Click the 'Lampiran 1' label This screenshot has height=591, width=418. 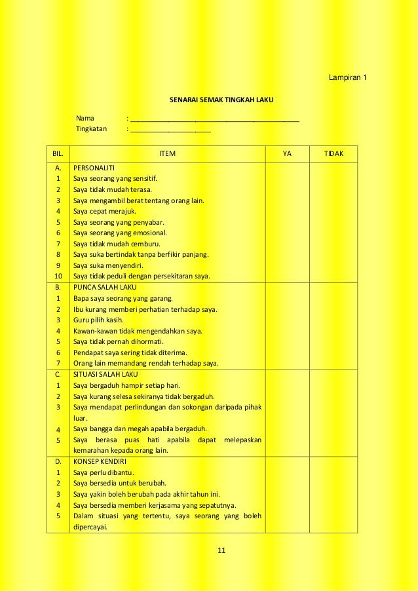click(348, 79)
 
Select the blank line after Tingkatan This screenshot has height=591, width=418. click(170, 130)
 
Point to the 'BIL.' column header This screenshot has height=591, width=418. click(58, 154)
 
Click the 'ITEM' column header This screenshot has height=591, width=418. click(168, 154)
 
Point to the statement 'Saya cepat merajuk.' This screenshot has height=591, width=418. click(105, 211)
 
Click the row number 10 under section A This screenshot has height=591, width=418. click(58, 276)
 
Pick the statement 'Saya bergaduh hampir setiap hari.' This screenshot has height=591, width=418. click(127, 385)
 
